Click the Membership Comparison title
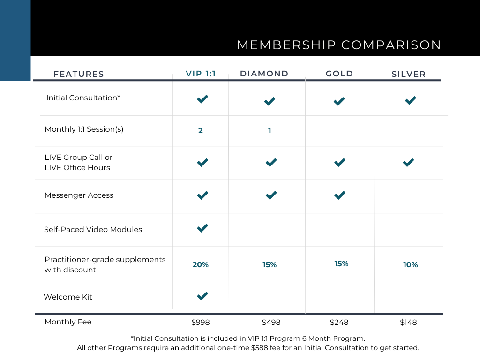[339, 45]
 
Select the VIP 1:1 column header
[201, 74]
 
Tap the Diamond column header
[264, 74]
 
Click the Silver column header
[408, 74]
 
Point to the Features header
[79, 74]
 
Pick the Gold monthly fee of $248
[339, 322]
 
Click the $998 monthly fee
[201, 322]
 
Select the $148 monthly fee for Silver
[408, 322]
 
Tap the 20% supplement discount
[201, 265]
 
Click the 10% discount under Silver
[410, 265]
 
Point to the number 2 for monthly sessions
[201, 131]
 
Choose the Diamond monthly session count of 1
[270, 131]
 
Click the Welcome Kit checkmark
[202, 296]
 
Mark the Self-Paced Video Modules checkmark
[202, 228]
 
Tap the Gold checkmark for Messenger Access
[340, 195]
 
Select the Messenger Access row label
[79, 195]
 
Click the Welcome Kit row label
[68, 297]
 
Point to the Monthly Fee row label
[68, 322]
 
